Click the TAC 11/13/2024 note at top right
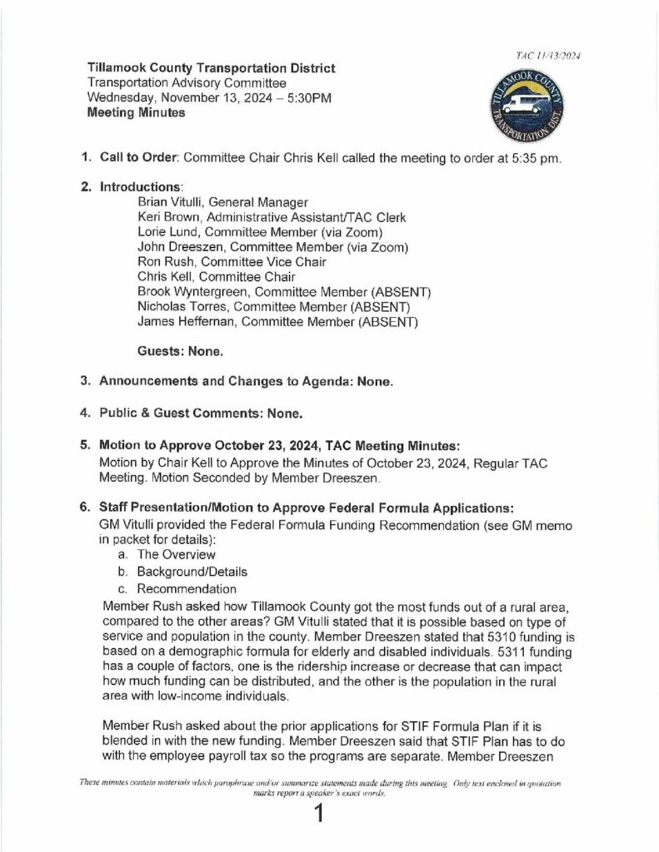point(547,55)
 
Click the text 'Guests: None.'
point(181,351)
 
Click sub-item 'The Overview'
point(176,554)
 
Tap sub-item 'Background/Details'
point(192,572)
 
